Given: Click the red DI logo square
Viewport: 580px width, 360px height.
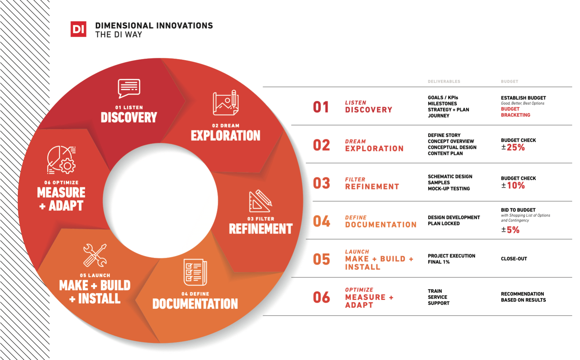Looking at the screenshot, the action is (78, 29).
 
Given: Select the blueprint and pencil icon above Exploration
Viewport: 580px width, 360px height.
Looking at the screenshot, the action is (226, 103).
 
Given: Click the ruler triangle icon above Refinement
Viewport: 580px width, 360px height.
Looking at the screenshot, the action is (260, 201).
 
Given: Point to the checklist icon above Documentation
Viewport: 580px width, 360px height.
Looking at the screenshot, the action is (195, 272).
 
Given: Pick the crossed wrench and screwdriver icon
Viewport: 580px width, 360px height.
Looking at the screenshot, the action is (95, 255).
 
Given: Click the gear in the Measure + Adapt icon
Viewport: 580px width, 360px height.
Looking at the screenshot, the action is (68, 166).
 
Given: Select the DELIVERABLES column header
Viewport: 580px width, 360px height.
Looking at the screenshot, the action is (444, 82).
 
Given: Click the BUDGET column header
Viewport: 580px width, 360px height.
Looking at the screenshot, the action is (509, 82).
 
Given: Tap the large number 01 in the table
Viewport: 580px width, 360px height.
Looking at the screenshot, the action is (321, 107).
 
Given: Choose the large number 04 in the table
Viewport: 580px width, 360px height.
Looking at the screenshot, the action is (321, 221).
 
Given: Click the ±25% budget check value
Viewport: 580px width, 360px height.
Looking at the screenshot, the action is (513, 147).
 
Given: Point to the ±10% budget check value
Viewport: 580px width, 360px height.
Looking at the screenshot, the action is (513, 186).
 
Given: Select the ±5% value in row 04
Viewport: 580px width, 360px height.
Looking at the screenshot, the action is (510, 230).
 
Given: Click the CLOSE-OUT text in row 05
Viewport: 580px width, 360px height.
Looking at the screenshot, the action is (514, 259).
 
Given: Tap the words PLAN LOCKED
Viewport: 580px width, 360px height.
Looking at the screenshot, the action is (444, 224).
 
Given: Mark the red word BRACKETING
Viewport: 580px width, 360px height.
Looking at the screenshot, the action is (516, 115).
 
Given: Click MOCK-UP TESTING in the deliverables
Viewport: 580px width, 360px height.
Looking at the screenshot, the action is (449, 189).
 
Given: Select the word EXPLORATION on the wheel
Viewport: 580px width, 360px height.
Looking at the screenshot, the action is (226, 136).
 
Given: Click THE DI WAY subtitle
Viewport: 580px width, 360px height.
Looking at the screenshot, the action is (119, 35).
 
